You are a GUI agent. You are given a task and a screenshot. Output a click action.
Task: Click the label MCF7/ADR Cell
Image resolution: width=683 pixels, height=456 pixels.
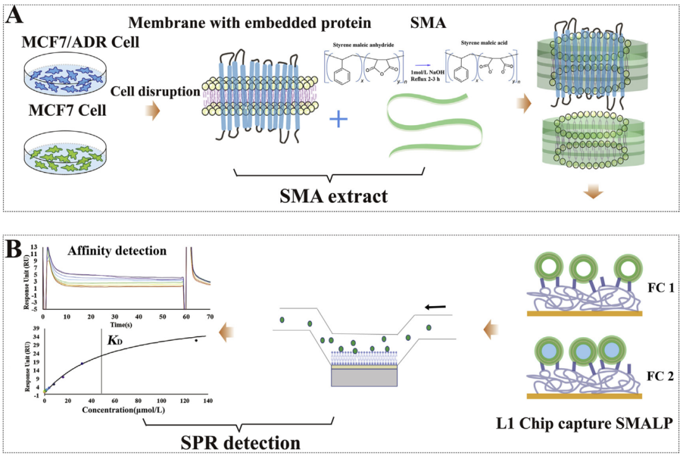click(x=71, y=43)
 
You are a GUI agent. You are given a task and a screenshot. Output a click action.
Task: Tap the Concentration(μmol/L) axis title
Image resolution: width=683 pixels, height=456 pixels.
click(x=124, y=409)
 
